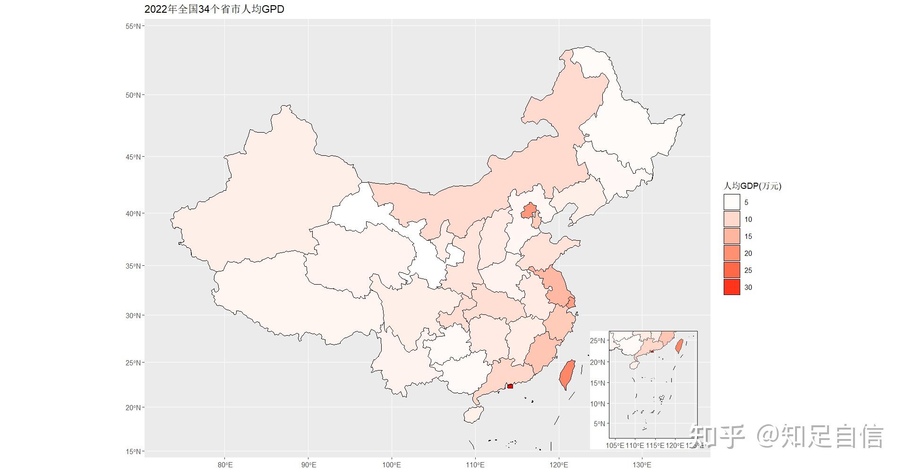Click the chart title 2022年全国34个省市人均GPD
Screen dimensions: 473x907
214,9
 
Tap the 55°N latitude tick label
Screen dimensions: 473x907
133,26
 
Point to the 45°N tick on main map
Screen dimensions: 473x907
133,157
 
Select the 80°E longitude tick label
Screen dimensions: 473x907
225,465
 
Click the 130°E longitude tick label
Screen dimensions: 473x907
642,465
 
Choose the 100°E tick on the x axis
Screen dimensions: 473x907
392,465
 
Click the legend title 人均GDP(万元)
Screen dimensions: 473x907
752,186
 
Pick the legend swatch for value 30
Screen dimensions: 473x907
732,287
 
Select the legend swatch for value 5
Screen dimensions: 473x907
732,202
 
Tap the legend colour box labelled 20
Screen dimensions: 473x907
732,253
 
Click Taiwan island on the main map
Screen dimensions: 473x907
567,374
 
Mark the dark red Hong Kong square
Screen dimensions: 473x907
510,386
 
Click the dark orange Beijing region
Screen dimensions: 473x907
529,211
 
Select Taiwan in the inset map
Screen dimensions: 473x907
679,346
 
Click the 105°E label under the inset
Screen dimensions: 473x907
615,445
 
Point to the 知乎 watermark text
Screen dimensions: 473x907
717,436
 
